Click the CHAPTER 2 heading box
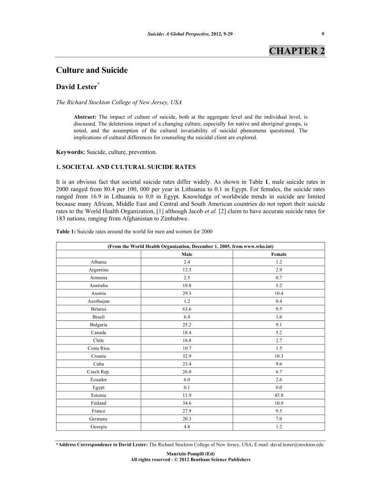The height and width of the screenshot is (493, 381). coord(297,51)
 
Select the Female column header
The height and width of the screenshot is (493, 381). coord(279,254)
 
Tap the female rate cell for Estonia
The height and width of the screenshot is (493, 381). coord(279,395)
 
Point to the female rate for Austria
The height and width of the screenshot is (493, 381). coord(279,293)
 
